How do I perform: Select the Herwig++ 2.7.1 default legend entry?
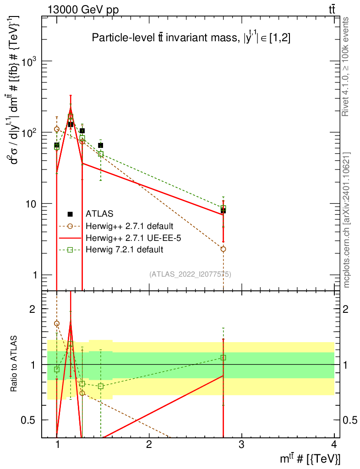tap(129, 226)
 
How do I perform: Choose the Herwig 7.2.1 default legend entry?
tap(124, 250)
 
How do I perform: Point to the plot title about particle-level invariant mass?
tap(191, 38)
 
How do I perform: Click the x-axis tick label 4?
tap(333, 445)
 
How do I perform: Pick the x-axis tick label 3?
tap(241, 445)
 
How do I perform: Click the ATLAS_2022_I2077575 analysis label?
tap(190, 274)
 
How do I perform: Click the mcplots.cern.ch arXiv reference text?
tap(347, 220)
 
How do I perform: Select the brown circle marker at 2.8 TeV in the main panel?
tap(223, 249)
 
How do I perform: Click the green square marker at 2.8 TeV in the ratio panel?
tap(223, 357)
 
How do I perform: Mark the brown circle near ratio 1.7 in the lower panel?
tap(56, 323)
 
